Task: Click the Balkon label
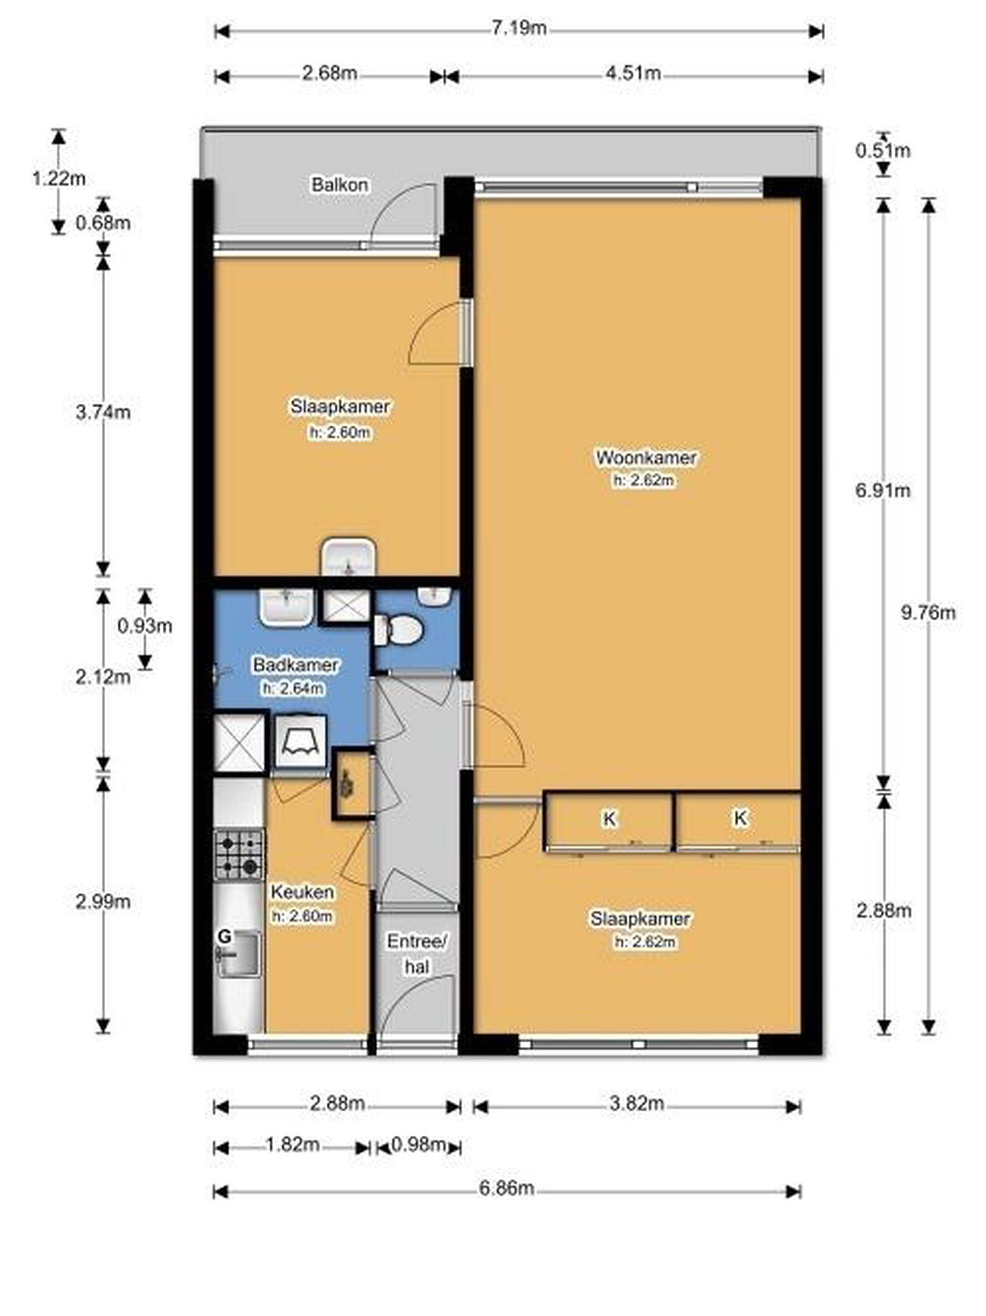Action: click(340, 185)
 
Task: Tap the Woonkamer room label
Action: click(646, 457)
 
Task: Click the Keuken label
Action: click(302, 892)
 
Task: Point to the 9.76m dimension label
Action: click(928, 612)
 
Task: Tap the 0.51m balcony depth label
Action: click(883, 150)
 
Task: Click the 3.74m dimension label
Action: click(103, 412)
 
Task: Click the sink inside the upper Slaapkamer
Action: click(348, 557)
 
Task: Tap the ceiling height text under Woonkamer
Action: click(646, 480)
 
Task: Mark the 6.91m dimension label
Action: click(883, 490)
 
